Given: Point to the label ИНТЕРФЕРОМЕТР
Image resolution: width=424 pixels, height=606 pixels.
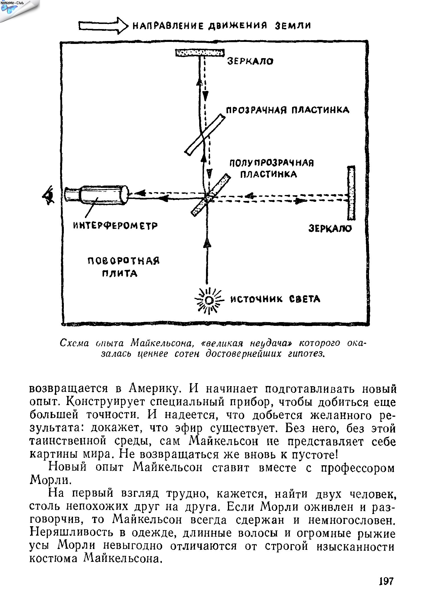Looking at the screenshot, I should coord(115,226).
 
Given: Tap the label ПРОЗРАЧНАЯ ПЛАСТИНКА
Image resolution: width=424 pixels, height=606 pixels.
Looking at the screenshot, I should coord(288,110).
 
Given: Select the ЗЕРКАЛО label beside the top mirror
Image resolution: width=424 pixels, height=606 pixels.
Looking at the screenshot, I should coord(250,61).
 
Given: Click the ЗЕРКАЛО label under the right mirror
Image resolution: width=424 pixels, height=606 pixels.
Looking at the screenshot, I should coord(330,229).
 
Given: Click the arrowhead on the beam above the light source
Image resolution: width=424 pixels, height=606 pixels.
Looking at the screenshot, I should coord(208,243).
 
